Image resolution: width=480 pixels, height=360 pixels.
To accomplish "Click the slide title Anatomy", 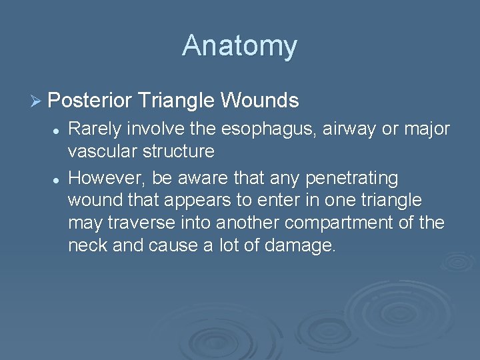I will tap(239, 46).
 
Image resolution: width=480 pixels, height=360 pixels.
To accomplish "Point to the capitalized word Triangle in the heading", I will tap(176, 101).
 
